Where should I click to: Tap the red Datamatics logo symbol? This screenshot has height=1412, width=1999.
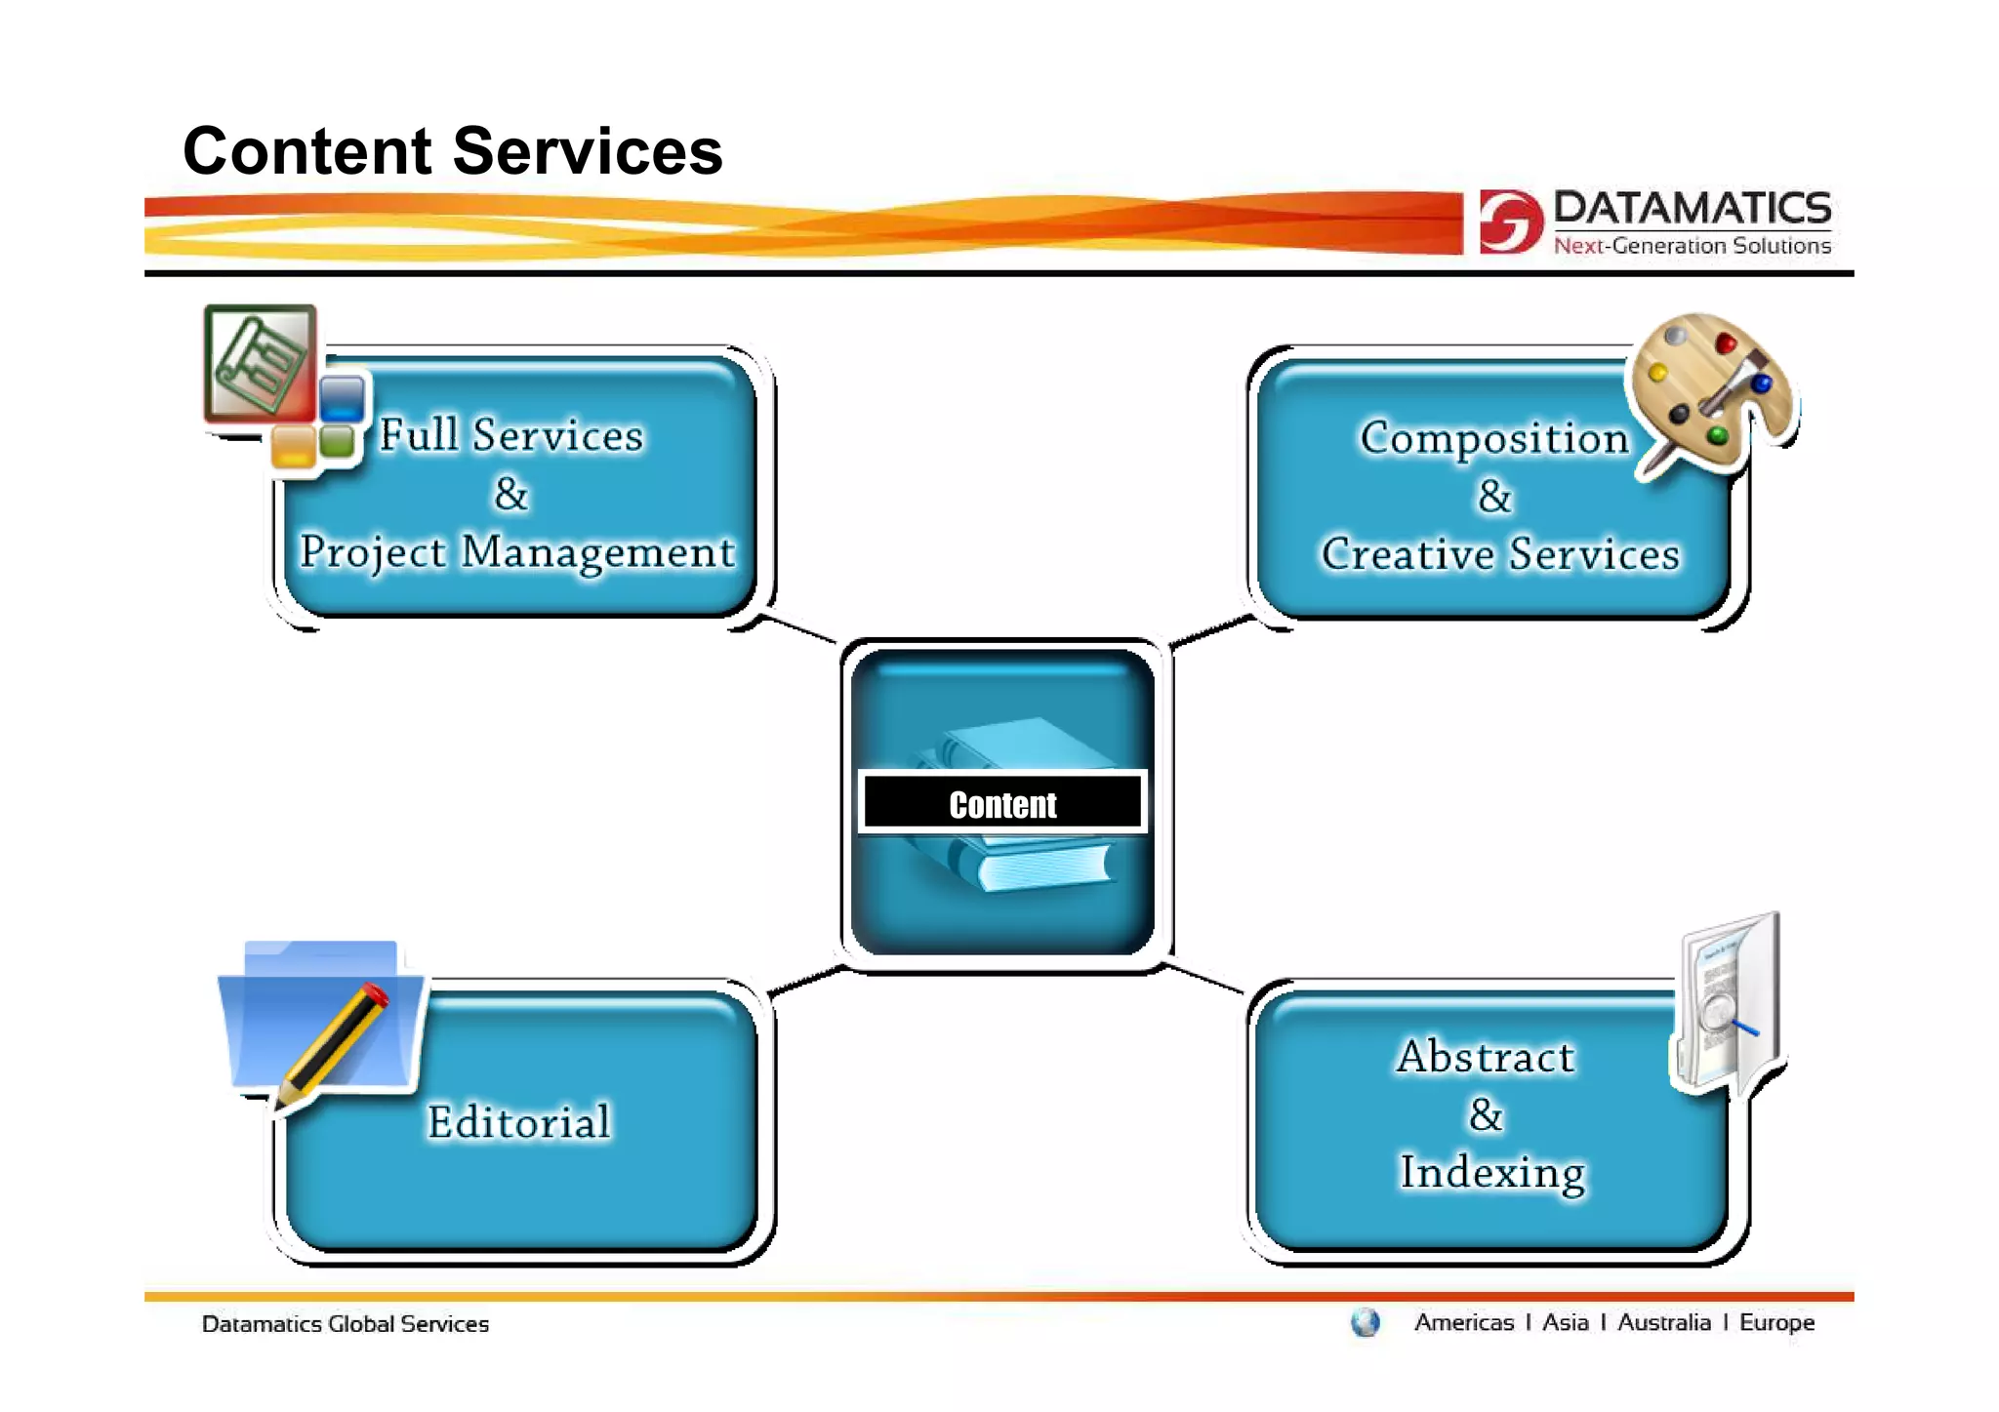coord(1509,222)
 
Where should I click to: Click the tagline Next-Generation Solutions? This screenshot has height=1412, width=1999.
coord(1692,246)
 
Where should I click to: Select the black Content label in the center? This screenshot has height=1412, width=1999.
coord(1002,803)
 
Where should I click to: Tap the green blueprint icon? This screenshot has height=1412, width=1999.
coord(260,363)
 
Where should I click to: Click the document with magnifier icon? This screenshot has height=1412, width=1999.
coord(1729,1005)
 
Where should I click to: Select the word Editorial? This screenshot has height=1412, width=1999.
coord(518,1121)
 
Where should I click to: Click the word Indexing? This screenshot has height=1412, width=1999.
coord(1491,1172)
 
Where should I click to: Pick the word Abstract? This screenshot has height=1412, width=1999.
coord(1485,1057)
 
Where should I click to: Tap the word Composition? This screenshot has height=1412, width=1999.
coord(1493,437)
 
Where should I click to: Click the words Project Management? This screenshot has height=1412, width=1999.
coord(516,552)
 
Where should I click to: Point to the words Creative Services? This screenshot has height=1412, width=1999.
coord(1499,554)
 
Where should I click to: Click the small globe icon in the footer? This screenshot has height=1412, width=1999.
coord(1365,1322)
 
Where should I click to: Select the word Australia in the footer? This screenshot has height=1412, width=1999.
coord(1663,1322)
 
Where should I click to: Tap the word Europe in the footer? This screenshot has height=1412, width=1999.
coord(1776,1322)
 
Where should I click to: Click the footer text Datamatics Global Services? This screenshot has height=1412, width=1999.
coord(345,1324)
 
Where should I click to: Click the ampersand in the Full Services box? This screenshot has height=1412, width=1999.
coord(510,494)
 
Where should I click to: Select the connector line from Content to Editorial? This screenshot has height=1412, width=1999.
coord(806,981)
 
